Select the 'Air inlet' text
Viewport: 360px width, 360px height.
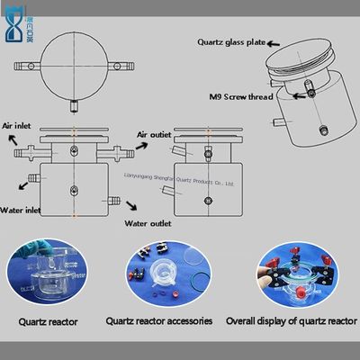pos(20,127)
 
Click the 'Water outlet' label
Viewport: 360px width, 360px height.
pos(148,222)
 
